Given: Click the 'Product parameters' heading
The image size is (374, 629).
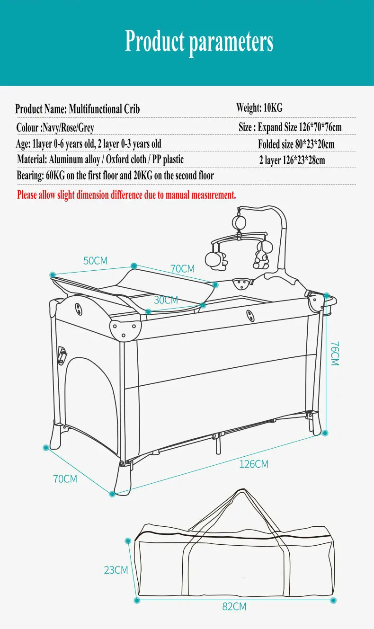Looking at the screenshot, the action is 199,42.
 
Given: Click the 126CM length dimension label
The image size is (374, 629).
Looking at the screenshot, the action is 254,464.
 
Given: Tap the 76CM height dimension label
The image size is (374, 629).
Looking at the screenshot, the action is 335,354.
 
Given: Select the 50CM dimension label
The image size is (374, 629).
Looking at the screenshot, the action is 95,261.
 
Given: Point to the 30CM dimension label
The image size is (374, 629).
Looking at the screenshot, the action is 166,300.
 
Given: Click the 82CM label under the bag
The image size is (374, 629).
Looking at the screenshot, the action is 234,606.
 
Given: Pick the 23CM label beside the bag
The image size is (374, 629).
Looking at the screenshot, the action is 116,570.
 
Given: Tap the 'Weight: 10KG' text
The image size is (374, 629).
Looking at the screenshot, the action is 259,108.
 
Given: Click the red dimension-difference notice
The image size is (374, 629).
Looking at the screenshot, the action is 126,195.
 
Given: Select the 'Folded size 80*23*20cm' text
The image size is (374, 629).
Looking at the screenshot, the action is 296,144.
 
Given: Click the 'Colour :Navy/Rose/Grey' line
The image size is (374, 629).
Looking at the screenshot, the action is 55,127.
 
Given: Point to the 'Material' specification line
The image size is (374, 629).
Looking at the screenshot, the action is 100,159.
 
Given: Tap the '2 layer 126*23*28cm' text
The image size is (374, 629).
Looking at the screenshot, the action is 292,160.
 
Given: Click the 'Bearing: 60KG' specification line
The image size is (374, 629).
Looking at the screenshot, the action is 115,176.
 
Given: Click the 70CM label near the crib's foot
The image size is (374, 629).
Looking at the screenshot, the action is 65,478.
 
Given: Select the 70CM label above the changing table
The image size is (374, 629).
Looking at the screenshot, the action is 182,269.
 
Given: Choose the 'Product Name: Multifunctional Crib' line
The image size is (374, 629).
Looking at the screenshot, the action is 78,109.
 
